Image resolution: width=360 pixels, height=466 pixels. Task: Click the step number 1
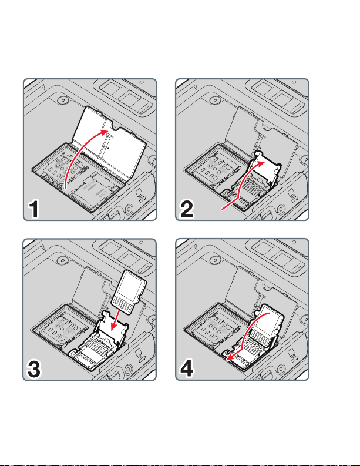coord(33,209)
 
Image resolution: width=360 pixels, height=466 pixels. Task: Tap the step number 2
coord(187,209)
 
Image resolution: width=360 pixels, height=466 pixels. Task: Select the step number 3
coord(34,369)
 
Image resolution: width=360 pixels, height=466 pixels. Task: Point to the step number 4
coord(187,368)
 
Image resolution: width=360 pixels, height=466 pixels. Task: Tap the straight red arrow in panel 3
coord(116,320)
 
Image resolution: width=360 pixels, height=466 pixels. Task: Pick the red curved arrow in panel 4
coord(245,333)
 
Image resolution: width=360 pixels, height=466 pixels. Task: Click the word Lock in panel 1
coord(104,194)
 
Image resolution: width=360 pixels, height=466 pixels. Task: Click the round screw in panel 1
coord(62,100)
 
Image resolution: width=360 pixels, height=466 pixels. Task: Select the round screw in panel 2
coord(214,100)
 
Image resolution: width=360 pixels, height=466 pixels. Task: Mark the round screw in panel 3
coord(62,260)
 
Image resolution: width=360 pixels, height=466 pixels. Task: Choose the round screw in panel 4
coord(214,260)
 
